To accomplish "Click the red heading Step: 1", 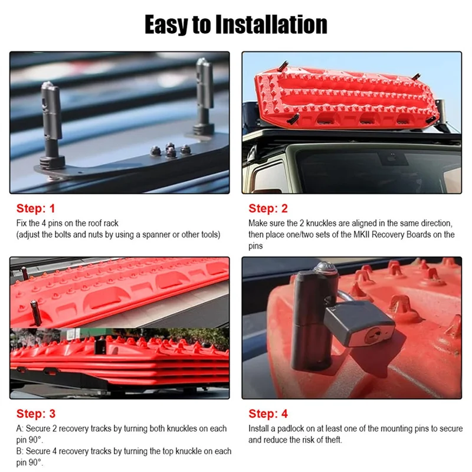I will (x=35, y=209).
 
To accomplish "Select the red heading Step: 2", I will (x=268, y=209).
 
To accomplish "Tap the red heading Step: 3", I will (x=35, y=414).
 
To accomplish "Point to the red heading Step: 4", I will (x=268, y=414).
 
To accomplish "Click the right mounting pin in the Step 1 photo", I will (x=204, y=97).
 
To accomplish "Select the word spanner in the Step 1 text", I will (x=152, y=234).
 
